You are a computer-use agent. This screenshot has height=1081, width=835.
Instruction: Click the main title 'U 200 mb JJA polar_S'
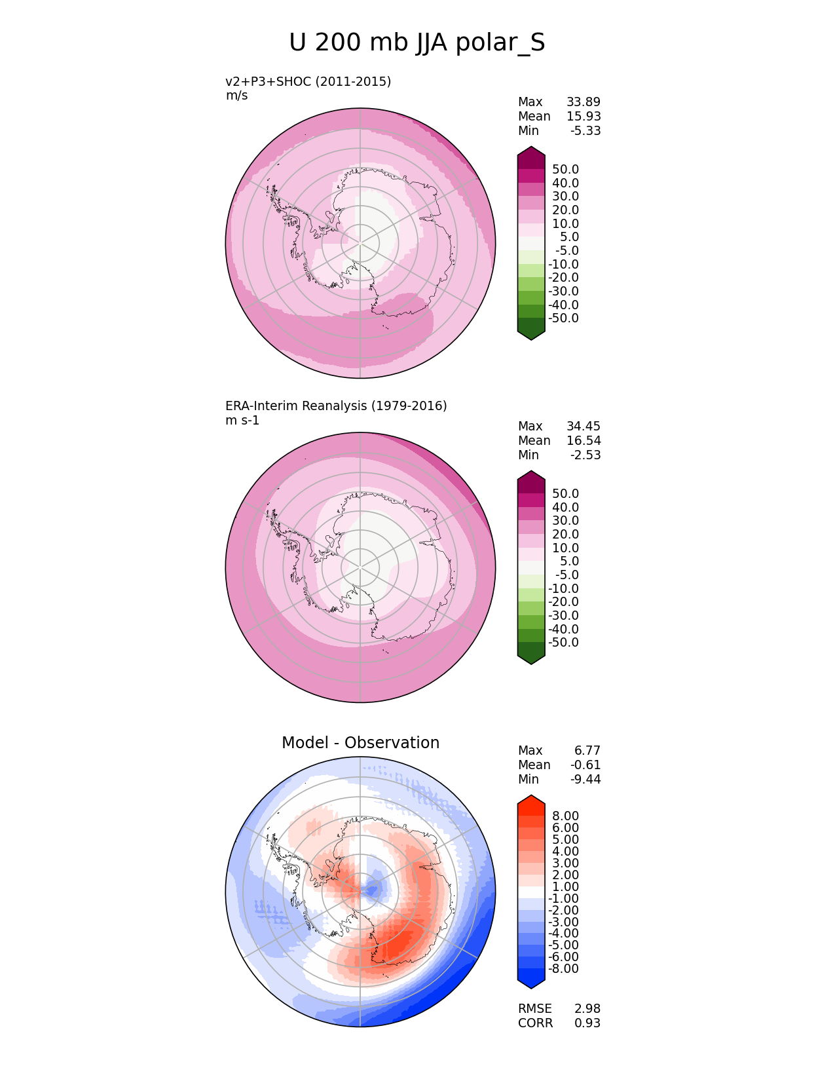[x=417, y=43]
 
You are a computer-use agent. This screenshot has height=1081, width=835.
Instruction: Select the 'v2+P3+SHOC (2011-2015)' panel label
[x=308, y=81]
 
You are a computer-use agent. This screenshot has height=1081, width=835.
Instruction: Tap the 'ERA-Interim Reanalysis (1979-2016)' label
[x=336, y=406]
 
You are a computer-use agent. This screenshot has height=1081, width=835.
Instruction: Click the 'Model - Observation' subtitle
[x=360, y=743]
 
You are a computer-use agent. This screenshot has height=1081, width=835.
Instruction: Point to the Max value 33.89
[x=583, y=102]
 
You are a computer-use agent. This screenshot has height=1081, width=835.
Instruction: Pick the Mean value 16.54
[x=583, y=441]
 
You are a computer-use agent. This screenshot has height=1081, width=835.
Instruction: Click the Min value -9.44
[x=585, y=780]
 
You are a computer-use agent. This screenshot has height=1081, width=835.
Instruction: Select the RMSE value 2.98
[x=587, y=1009]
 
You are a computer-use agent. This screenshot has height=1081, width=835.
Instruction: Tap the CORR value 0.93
[x=587, y=1023]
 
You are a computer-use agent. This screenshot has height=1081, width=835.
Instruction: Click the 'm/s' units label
[x=236, y=96]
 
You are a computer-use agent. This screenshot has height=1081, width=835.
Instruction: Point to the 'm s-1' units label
[x=242, y=421]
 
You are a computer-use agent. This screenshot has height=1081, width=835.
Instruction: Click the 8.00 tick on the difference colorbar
[x=565, y=816]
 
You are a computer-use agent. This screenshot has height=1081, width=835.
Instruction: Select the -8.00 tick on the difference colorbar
[x=563, y=969]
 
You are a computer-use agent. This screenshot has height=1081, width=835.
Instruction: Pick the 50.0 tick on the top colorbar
[x=565, y=170]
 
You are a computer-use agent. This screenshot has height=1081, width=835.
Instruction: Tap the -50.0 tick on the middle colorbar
[x=563, y=643]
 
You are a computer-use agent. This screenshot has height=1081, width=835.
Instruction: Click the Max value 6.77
[x=587, y=751]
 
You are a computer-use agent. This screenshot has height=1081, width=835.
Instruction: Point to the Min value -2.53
[x=585, y=455]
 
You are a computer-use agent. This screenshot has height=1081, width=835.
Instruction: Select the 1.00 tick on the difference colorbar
[x=565, y=887]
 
